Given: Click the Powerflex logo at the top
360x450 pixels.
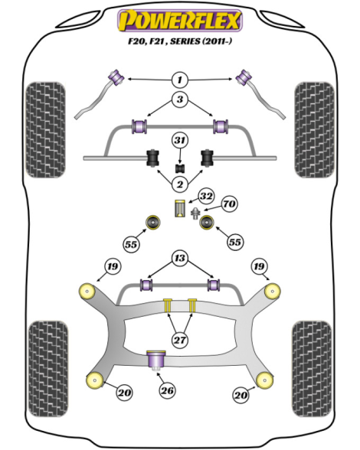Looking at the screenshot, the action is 180,21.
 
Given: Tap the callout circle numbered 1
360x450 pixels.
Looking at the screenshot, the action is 180,80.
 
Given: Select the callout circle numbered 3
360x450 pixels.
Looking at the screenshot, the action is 180,99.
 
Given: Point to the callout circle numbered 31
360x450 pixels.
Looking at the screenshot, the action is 180,141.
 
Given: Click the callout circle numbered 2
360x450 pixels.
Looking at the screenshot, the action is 180,184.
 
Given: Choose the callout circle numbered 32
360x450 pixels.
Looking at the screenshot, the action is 207,196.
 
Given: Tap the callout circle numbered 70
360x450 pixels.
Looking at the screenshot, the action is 229,204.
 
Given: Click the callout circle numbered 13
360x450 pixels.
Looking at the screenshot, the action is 180,258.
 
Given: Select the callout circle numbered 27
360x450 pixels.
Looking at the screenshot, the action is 180,340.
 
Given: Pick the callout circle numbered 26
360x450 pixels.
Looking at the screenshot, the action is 167,390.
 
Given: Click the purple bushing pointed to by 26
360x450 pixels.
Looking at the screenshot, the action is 156,360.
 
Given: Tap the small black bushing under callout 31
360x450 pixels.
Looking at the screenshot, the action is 180,168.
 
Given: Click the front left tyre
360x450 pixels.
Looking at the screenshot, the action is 46,130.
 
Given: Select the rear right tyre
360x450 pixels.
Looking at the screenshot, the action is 312,369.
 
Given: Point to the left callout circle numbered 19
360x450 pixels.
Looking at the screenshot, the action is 113,266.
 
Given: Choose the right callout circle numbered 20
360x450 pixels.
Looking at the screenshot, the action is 241,395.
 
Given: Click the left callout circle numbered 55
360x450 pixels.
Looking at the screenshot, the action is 131,245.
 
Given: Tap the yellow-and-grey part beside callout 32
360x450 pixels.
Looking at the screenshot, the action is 180,208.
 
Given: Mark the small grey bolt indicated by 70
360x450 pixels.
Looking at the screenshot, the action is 195,213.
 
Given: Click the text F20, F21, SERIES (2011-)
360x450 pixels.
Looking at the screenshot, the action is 180,41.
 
